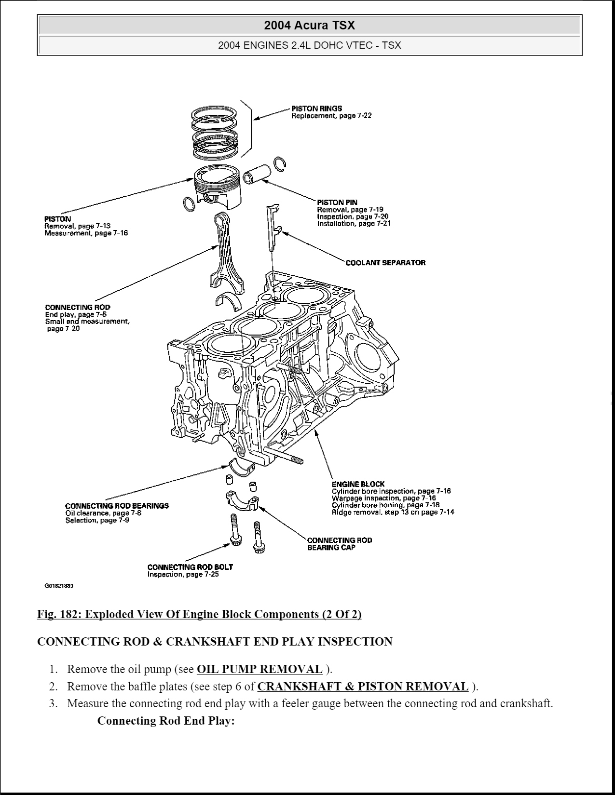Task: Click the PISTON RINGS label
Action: coord(316,108)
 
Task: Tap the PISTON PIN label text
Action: coord(337,202)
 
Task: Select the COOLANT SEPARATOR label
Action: coord(385,263)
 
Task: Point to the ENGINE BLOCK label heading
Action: coord(358,484)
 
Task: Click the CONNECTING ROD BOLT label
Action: coord(190,567)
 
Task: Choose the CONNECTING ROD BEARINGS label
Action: coord(117,506)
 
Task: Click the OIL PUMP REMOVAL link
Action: coord(260,669)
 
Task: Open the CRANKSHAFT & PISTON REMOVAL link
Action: coord(363,687)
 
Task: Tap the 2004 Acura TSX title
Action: coord(309,25)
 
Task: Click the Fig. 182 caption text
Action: coord(199,614)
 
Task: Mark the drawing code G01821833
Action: coord(59,586)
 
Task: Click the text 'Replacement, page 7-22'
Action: coord(331,116)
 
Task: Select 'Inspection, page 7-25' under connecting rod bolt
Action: coord(183,575)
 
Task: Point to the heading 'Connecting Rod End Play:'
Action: coord(166,721)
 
